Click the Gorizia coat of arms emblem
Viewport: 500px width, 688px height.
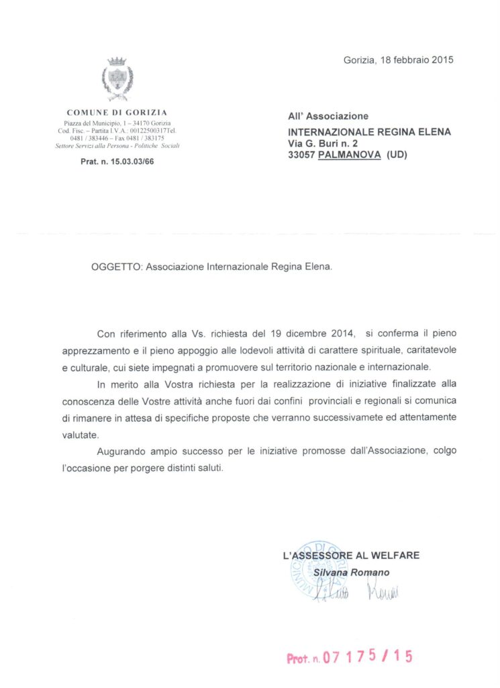click(117, 79)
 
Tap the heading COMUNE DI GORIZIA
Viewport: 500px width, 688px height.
click(117, 112)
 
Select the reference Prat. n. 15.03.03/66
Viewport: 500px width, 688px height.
click(117, 161)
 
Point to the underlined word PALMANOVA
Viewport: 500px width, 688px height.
click(349, 155)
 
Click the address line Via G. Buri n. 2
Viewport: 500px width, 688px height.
click(323, 143)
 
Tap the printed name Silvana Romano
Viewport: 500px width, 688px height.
click(351, 572)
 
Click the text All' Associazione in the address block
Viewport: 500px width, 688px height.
click(328, 116)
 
